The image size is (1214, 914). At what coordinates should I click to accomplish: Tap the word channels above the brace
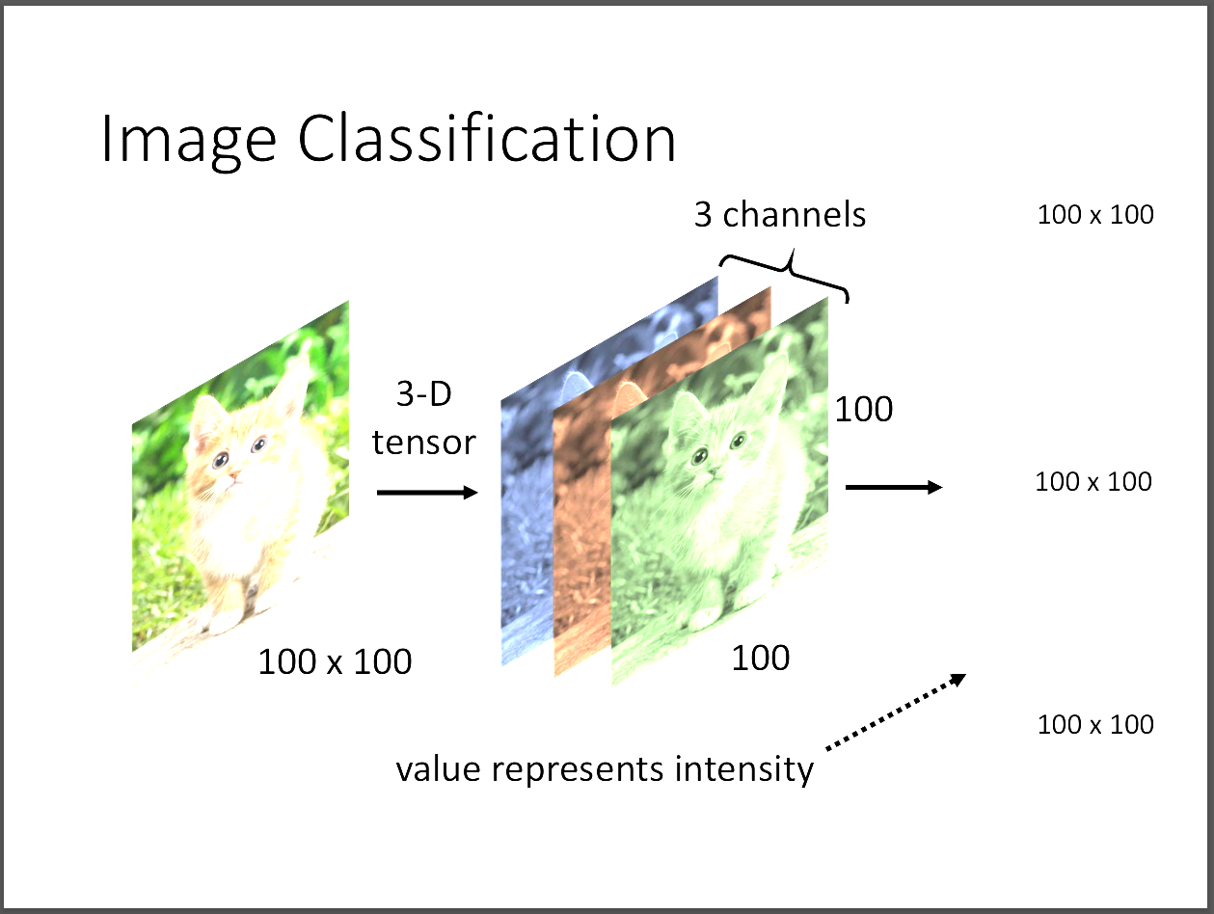click(795, 214)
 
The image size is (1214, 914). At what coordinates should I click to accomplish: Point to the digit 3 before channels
click(704, 214)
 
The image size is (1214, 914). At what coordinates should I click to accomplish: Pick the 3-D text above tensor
click(424, 395)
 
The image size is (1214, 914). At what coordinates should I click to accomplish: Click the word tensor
click(424, 442)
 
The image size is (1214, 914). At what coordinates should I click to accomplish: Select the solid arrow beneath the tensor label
click(426, 493)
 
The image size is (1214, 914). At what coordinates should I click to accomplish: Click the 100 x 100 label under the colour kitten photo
click(335, 662)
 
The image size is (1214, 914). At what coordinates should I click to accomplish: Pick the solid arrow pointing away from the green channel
click(893, 488)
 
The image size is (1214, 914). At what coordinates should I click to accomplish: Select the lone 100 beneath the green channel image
click(761, 659)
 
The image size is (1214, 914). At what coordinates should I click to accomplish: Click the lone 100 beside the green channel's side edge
click(864, 410)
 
